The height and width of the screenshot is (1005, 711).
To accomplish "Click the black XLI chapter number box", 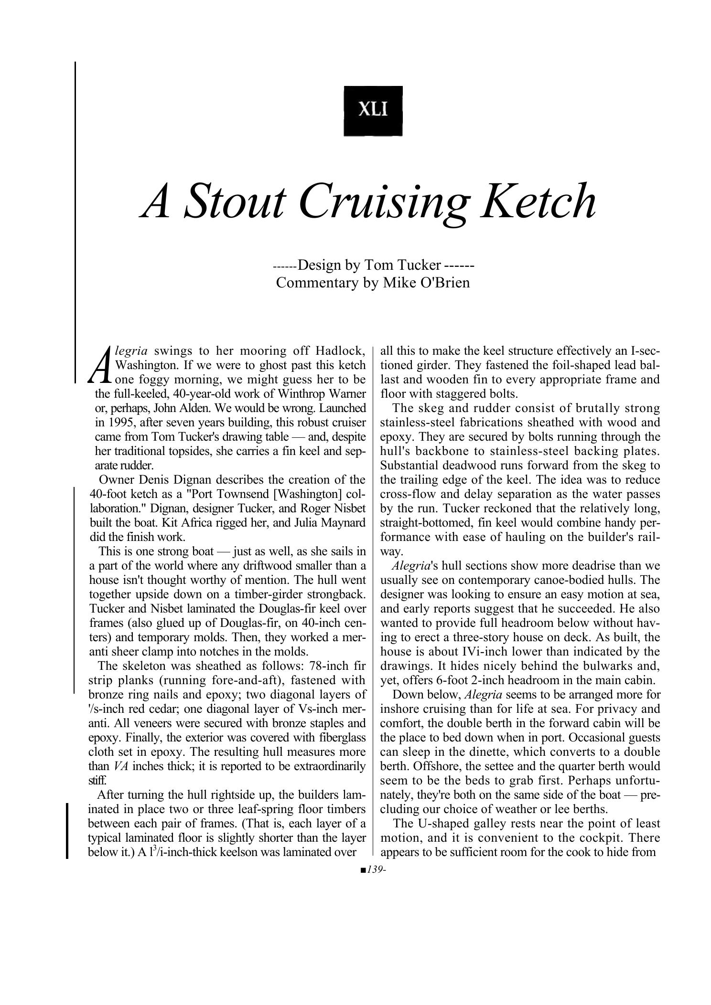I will (373, 111).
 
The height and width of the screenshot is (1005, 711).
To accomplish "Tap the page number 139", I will (375, 870).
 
